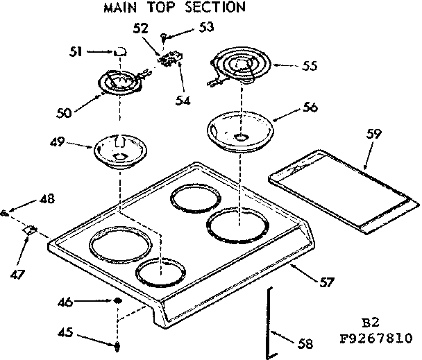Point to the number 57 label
pyautogui.click(x=326, y=282)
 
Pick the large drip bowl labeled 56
pyautogui.click(x=239, y=130)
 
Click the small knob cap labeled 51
pyautogui.click(x=120, y=51)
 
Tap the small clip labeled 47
pyautogui.click(x=30, y=230)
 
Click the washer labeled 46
pyautogui.click(x=119, y=302)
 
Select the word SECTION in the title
pyautogui.click(x=215, y=8)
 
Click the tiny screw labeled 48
pyautogui.click(x=6, y=212)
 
